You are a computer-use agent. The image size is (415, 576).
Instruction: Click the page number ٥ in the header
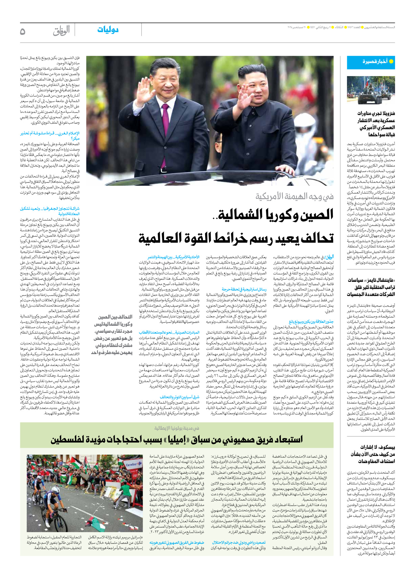pyautogui.click(x=23, y=32)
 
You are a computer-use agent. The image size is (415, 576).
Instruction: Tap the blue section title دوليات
pyautogui.click(x=108, y=30)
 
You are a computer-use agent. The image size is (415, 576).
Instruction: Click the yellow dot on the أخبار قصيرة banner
pyautogui.click(x=391, y=61)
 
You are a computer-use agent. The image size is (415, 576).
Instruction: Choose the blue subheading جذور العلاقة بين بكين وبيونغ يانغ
pyautogui.click(x=311, y=322)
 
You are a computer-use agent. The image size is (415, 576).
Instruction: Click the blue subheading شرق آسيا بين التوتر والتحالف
pyautogui.click(x=180, y=397)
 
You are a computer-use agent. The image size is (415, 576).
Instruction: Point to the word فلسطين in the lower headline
pyautogui.click(x=70, y=440)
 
